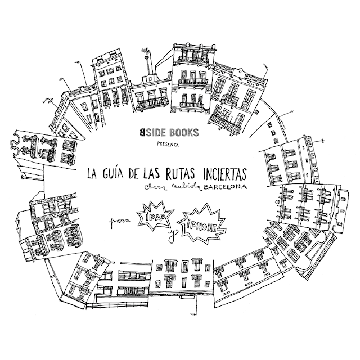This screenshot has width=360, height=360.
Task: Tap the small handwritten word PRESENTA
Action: [x=167, y=145]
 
